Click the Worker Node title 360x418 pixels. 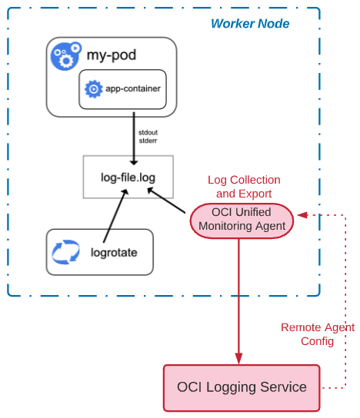[250, 24]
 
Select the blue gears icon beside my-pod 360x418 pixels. [65, 56]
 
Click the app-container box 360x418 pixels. [123, 90]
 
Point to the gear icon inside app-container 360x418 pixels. [94, 90]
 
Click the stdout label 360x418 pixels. [148, 133]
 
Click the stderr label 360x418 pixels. [148, 141]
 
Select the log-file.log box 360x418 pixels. [128, 177]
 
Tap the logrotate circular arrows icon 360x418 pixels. [66, 252]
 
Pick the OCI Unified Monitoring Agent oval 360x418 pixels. [242, 220]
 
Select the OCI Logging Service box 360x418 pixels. [242, 387]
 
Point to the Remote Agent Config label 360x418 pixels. [317, 333]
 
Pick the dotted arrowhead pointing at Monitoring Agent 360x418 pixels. [302, 214]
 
